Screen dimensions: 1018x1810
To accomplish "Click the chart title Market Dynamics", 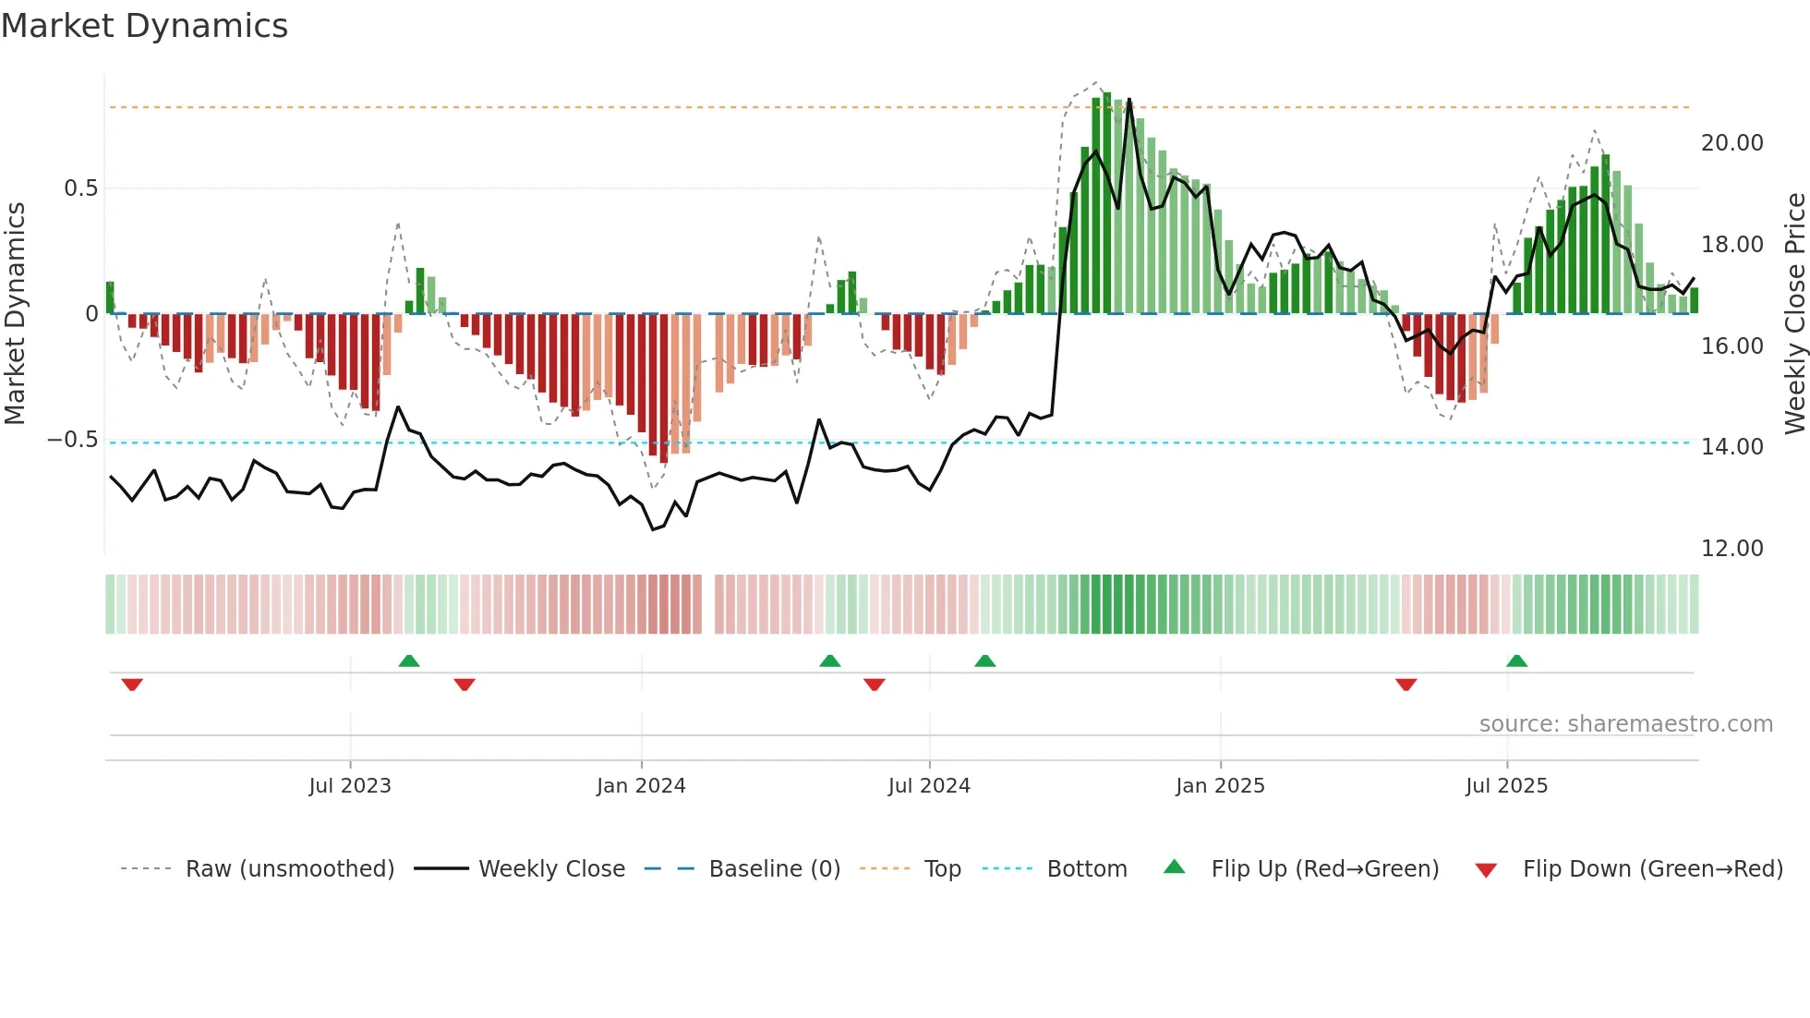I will point(144,26).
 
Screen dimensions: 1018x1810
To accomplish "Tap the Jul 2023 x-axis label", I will point(350,786).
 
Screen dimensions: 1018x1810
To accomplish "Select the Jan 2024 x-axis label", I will point(641,786).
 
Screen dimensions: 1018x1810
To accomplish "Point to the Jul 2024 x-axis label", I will point(929,786).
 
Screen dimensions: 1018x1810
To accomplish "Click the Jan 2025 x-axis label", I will point(1220,786).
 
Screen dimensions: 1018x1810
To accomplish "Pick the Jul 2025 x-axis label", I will point(1506,786).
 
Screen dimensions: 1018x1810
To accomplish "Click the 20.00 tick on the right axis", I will point(1732,143).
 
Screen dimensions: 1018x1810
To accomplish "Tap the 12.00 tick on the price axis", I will point(1732,549).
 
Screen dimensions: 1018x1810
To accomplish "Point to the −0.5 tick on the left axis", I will point(72,440).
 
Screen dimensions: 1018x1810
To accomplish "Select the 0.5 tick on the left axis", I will point(80,188).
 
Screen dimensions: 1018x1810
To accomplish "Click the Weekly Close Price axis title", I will point(1794,313).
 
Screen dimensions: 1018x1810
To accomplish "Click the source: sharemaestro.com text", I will point(1625,724).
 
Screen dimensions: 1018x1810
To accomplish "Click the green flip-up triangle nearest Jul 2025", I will point(1516,661).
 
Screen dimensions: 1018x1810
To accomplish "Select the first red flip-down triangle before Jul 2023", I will point(132,684).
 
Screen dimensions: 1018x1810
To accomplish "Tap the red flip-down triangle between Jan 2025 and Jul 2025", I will point(1406,684).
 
